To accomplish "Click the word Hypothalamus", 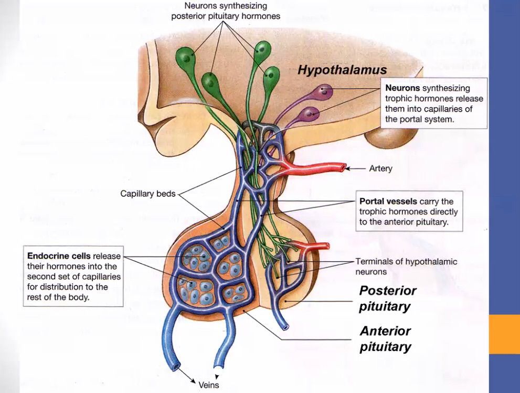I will [342, 70].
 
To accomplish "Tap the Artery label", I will [380, 169].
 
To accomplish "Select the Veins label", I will [208, 385].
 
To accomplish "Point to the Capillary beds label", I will [147, 194].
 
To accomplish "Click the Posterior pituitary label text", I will [388, 298].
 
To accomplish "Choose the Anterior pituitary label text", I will [386, 339].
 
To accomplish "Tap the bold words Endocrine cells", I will [59, 256].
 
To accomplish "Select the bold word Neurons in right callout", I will [402, 88].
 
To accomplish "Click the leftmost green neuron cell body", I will [185, 55].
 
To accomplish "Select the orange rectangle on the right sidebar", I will [504, 334].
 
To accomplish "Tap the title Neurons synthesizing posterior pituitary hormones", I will [226, 11].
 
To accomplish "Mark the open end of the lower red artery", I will [326, 245].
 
